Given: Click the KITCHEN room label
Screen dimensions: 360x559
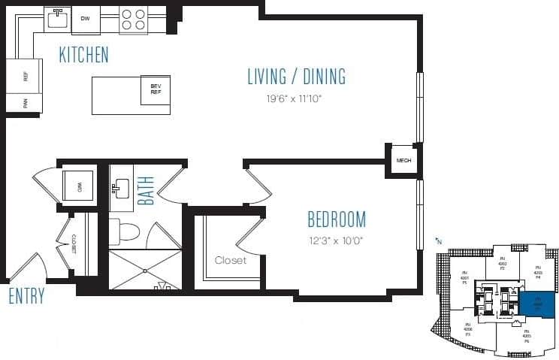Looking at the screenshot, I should click(83, 55).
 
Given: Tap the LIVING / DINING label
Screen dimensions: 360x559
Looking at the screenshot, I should click(296, 77).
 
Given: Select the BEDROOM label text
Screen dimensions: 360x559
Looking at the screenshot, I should click(337, 219).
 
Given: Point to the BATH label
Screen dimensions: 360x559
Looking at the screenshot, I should click(146, 191).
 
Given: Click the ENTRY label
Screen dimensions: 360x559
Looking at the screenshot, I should click(26, 296).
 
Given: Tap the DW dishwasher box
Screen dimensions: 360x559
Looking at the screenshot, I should click(86, 19).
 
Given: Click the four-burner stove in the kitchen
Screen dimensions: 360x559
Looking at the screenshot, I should click(134, 19).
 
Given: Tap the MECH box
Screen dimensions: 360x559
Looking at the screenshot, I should click(403, 159).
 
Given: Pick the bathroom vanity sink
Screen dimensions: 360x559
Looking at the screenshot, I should click(121, 188).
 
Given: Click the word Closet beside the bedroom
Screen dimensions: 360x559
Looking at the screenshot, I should click(231, 261).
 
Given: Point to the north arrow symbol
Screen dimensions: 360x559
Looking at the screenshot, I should click(438, 241).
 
